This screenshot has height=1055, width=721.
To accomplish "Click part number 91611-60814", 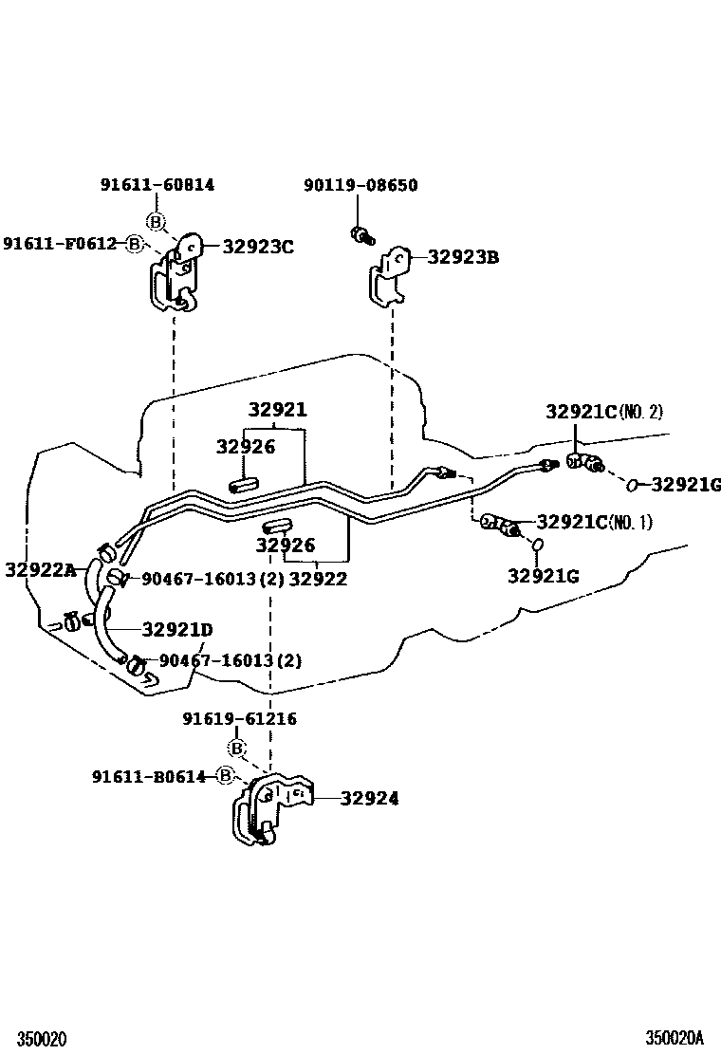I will [157, 185].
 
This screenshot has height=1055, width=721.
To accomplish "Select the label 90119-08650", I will [360, 185].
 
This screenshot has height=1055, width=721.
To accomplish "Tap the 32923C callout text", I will [258, 247].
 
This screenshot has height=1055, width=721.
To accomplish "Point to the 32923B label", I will [463, 257].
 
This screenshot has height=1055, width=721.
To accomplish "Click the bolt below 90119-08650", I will [360, 234].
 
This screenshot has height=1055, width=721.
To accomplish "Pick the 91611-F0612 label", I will [59, 244].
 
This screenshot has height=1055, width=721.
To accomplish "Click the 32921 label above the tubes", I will [278, 410].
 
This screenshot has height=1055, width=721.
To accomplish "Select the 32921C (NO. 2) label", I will [604, 412].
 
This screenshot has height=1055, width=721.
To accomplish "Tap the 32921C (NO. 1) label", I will [594, 522].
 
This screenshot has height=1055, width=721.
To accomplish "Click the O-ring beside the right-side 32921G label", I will [631, 486].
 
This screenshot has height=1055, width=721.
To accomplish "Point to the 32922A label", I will [40, 569].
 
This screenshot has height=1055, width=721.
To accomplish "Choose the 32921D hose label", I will [177, 629].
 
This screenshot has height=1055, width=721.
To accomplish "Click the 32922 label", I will [318, 579].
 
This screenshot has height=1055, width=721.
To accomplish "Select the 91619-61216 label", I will [239, 719].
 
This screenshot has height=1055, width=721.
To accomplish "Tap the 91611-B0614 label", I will [149, 776].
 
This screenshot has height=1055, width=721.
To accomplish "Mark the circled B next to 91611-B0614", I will [225, 776].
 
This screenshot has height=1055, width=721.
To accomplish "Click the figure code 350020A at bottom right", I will [675, 1038].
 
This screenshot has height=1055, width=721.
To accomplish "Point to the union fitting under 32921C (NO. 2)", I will [581, 462].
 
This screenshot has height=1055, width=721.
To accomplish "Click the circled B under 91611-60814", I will [157, 222].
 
